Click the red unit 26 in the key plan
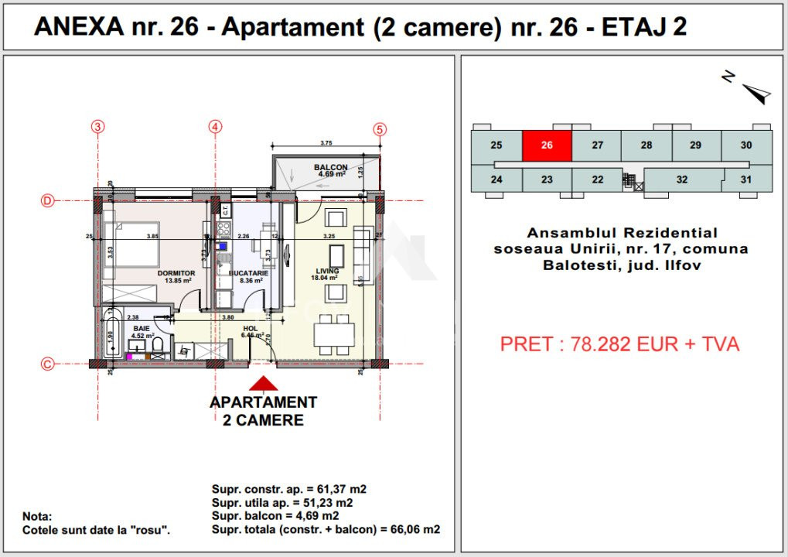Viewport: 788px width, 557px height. point(547,145)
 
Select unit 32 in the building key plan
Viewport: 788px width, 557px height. point(681,179)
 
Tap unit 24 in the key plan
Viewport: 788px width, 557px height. point(496,179)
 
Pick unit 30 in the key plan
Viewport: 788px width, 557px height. point(745,145)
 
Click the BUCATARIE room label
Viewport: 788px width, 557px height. point(248,273)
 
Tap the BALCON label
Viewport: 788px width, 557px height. point(330,167)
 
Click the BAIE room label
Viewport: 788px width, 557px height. point(141,329)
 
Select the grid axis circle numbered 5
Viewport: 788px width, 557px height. point(380,130)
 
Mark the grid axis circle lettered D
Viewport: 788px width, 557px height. point(48,201)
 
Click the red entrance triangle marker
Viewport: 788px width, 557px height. point(264,384)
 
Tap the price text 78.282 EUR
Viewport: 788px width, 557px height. point(619,344)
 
